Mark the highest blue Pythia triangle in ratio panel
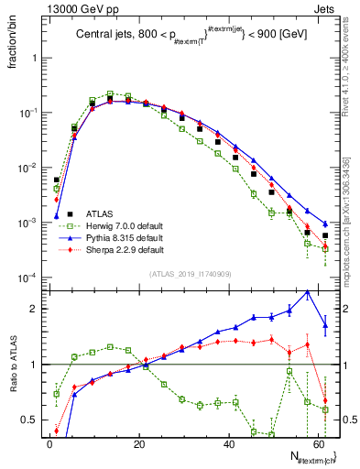308,291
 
